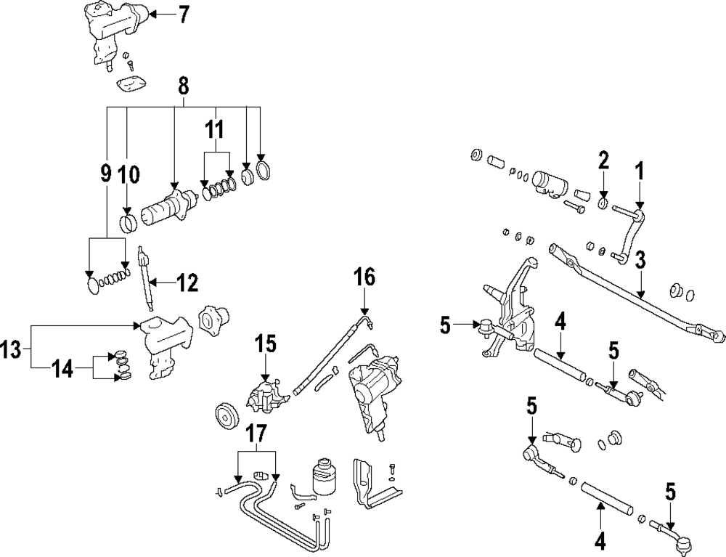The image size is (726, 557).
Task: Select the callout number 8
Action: pos(184,86)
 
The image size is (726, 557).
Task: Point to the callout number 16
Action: pos(364,278)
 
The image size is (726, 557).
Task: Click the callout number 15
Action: pos(265,344)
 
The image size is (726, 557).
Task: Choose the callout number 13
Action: pos(12,350)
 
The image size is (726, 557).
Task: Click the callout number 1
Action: pos(639,172)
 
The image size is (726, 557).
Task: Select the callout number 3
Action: pos(640,260)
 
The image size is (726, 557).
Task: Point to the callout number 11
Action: pos(214,129)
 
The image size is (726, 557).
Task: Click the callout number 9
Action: pos(106,173)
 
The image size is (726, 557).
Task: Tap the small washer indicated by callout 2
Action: pos(603,203)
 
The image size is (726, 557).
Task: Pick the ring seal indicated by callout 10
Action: pos(129,224)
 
